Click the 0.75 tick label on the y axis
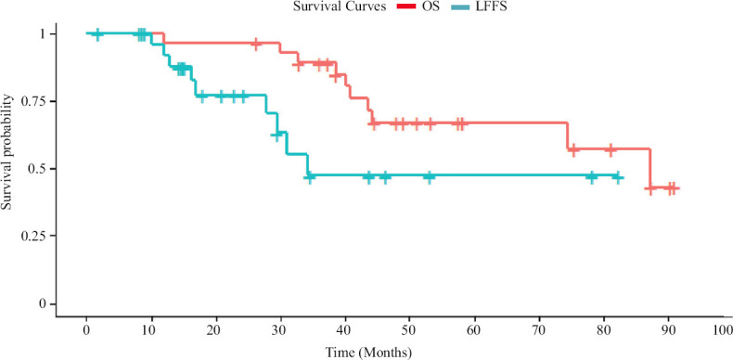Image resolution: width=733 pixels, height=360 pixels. [42, 101]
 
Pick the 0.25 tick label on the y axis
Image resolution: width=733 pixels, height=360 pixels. [42, 236]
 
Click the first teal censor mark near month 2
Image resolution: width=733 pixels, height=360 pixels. [96, 33]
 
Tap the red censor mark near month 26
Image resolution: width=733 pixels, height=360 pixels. [255, 44]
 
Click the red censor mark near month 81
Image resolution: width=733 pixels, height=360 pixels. [610, 149]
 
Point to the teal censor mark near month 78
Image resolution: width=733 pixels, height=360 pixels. [592, 177]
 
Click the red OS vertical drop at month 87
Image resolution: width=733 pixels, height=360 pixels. [649, 169]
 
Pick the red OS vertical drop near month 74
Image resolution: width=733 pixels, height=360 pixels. [568, 136]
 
